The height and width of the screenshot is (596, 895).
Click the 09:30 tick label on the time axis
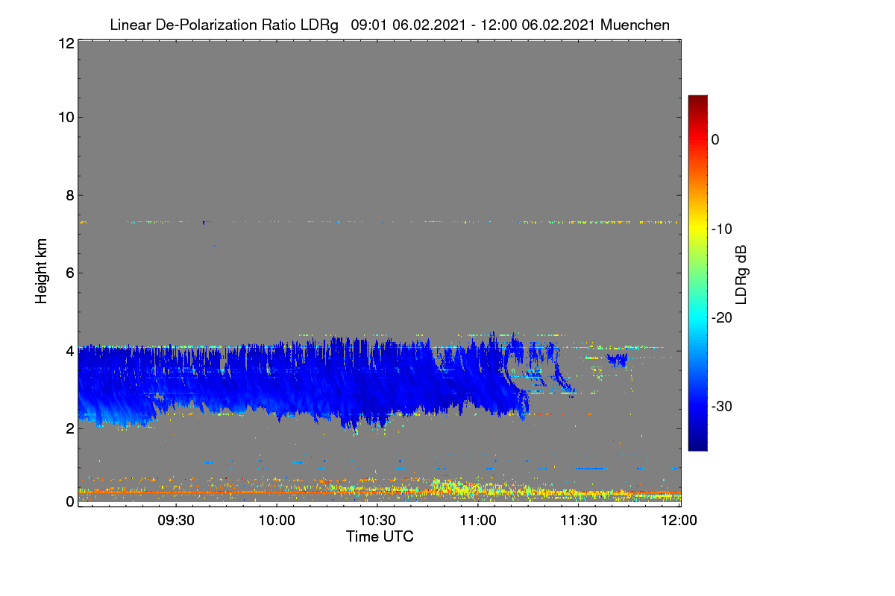click(x=176, y=521)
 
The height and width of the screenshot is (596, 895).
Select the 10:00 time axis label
click(x=277, y=521)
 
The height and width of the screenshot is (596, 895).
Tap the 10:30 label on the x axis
click(x=377, y=521)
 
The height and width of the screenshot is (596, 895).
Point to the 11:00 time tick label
click(x=478, y=521)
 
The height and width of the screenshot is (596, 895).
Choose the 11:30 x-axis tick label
click(x=579, y=521)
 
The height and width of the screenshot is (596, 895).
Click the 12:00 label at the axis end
click(x=679, y=521)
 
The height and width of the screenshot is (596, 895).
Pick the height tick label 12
click(x=66, y=43)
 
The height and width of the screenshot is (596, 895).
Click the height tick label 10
click(x=66, y=118)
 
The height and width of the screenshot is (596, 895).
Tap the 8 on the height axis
click(x=70, y=196)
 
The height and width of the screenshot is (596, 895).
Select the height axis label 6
click(x=70, y=273)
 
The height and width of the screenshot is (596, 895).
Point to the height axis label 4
click(x=70, y=352)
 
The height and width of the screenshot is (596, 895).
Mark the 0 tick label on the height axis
click(x=70, y=502)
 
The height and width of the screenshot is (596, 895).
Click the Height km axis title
click(x=41, y=271)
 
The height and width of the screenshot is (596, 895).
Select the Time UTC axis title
click(x=380, y=537)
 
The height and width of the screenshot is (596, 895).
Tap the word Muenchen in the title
click(x=635, y=25)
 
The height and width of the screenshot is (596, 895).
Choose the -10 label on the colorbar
click(x=722, y=229)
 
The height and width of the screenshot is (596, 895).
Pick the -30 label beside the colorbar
click(x=722, y=406)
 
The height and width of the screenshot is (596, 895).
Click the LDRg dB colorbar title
click(x=741, y=275)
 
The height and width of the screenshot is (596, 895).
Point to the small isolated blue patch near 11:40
click(x=618, y=360)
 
